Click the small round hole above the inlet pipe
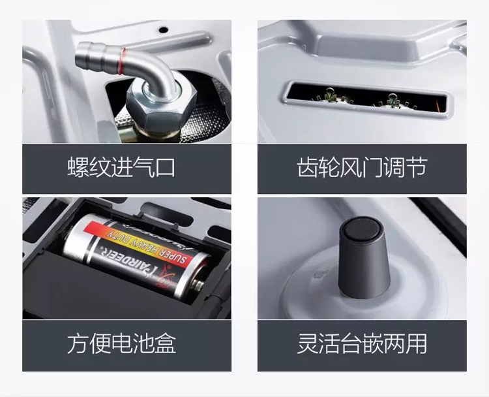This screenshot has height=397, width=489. [x=164, y=30]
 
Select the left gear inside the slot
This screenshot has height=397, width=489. [x=331, y=96]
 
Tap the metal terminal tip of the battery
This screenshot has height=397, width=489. [x=199, y=285]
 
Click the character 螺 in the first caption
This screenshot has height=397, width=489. [x=78, y=167]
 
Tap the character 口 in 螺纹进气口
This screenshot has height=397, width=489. [x=165, y=167]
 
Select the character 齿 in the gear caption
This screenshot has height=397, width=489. [x=308, y=167]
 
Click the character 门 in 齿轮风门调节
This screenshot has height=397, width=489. [x=373, y=167]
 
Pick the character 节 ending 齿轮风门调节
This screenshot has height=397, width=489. [x=416, y=167]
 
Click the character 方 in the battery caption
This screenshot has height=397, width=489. [x=78, y=343]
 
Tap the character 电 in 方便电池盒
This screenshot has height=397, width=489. [x=121, y=343]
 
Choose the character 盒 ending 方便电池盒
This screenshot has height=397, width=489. [x=166, y=343]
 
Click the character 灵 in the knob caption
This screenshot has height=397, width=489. [x=308, y=343]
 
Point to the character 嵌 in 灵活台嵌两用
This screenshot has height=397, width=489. [x=373, y=343]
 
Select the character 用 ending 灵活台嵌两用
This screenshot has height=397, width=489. [x=417, y=343]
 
